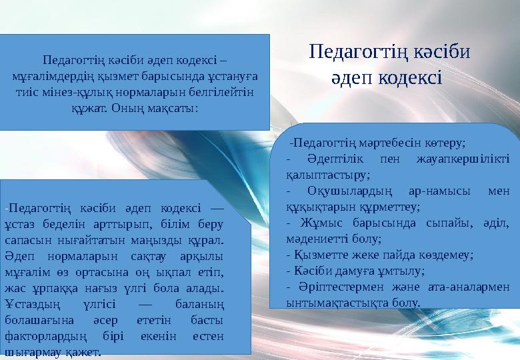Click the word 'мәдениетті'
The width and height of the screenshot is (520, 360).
coord(311,238)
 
